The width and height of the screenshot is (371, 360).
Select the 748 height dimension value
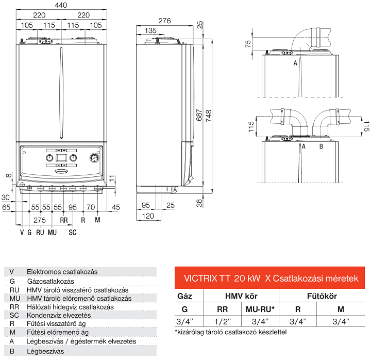(209, 117)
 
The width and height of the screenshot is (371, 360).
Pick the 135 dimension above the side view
(150, 31)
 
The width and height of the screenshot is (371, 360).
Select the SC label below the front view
(73, 232)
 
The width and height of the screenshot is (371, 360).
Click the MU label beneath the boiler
(52, 232)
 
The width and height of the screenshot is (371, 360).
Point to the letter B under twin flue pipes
(321, 146)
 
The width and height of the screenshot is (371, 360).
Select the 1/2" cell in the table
(222, 321)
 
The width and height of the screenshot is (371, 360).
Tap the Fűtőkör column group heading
(322, 297)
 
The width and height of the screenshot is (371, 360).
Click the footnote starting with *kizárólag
(230, 332)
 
